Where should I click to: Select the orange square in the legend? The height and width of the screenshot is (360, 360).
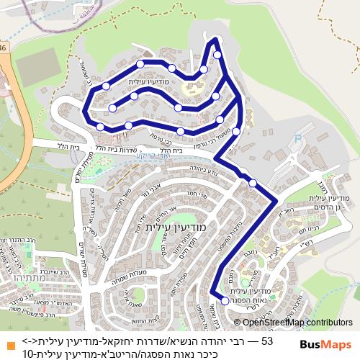9,339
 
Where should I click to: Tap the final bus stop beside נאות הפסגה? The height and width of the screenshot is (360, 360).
225,301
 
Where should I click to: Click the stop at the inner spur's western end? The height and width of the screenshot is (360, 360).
112,109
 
